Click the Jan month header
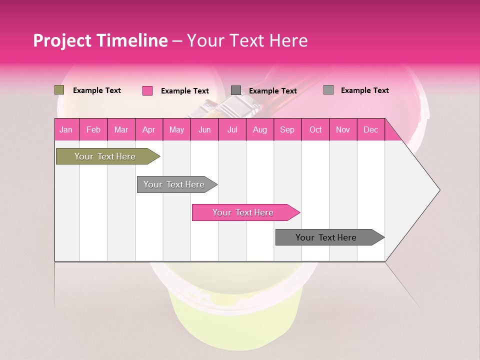66,129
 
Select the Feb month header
93,129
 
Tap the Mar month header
121,129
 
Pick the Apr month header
149,129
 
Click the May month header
176,129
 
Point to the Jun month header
204,129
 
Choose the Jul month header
232,129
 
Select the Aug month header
260,129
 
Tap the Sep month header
287,129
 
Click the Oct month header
315,129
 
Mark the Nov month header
343,129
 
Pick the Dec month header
371,129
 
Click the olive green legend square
59,90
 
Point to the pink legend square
147,90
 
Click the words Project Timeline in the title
100,40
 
